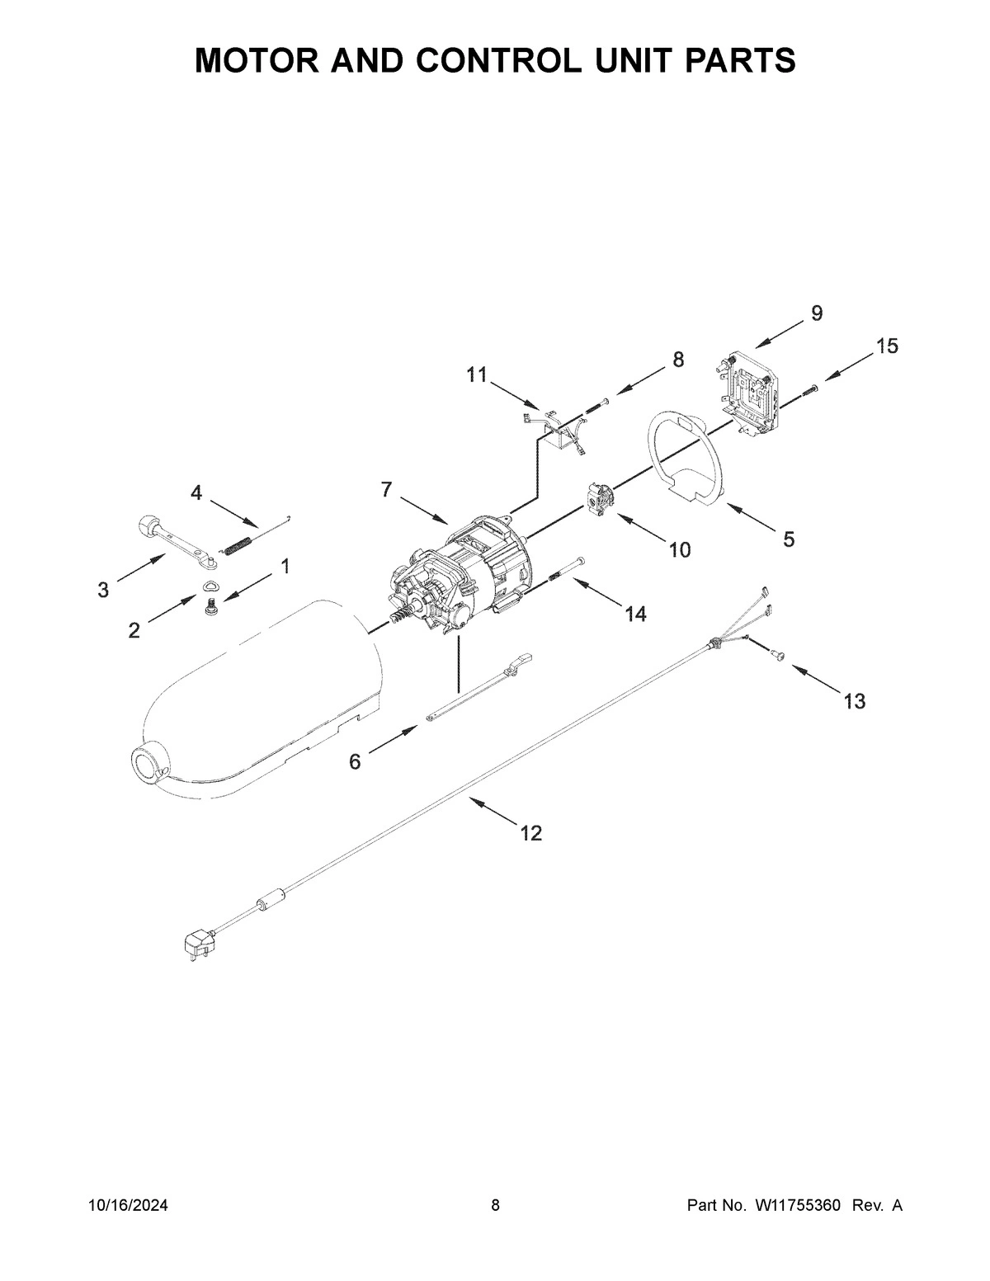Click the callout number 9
click(816, 313)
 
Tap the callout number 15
click(887, 346)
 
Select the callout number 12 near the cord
click(531, 833)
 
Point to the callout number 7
click(386, 489)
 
